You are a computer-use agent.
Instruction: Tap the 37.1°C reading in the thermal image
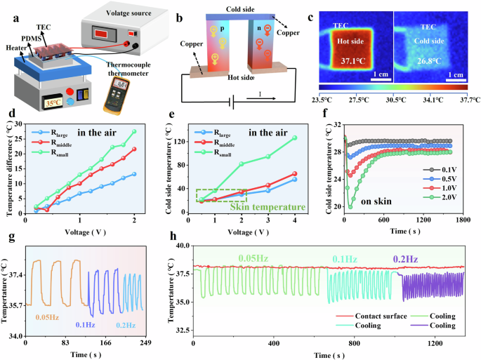pyautogui.click(x=353, y=62)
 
